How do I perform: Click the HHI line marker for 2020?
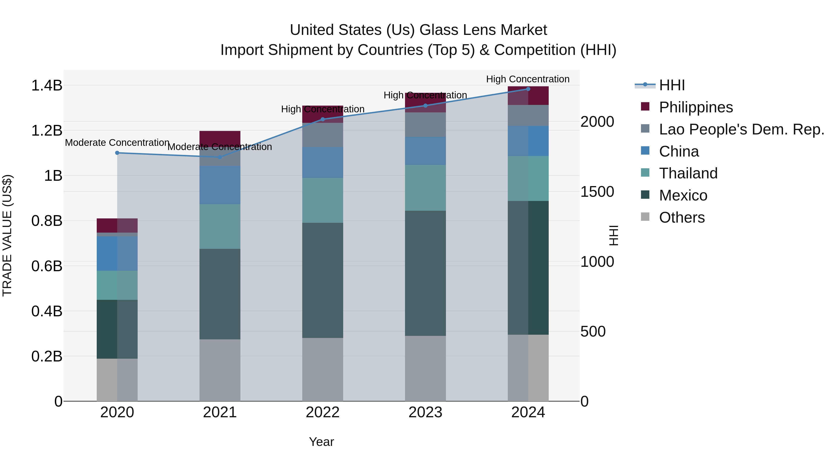pos(117,153)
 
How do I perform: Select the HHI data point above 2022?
pos(323,119)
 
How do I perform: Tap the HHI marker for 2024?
pos(528,89)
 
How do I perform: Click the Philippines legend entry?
pos(696,107)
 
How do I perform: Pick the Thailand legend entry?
pos(688,173)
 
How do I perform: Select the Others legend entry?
pos(682,217)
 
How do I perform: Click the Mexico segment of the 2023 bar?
pos(425,273)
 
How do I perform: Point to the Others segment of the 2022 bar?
pos(323,369)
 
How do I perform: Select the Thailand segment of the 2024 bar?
pos(528,178)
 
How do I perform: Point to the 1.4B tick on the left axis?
pos(47,86)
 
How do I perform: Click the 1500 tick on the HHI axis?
pos(597,192)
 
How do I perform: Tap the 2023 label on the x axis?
pos(425,412)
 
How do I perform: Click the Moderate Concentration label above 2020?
pos(117,143)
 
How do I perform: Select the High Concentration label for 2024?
pos(528,79)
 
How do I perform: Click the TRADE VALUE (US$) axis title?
pos(7,235)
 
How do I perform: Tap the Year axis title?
pos(321,442)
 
